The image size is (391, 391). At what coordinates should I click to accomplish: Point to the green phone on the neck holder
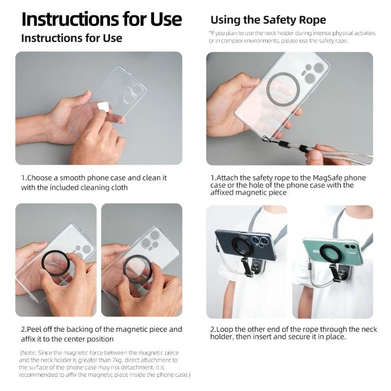333,251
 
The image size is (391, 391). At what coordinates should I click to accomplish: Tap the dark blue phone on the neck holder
246,246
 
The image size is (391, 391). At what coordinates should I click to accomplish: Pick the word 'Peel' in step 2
33,329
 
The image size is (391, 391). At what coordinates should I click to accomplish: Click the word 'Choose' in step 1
39,178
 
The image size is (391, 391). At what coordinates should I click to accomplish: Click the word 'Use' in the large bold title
166,19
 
